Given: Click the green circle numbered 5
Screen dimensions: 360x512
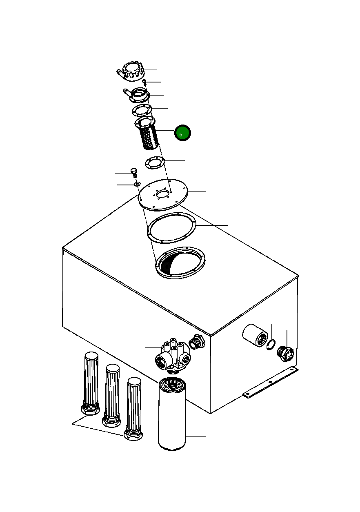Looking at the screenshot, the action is pyautogui.click(x=182, y=133).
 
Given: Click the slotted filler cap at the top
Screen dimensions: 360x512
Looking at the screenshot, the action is pyautogui.click(x=131, y=71).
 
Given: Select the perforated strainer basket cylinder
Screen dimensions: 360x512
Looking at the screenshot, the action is pyautogui.click(x=147, y=133).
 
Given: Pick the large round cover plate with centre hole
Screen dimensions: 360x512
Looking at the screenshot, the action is pyautogui.click(x=163, y=194).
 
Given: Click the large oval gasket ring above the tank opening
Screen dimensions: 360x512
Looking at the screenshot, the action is pyautogui.click(x=171, y=228).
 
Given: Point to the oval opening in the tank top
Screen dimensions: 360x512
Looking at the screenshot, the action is pyautogui.click(x=180, y=263).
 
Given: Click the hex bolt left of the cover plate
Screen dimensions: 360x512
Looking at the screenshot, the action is pyautogui.click(x=133, y=173).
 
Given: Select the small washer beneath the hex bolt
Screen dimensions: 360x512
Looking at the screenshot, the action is pyautogui.click(x=137, y=184).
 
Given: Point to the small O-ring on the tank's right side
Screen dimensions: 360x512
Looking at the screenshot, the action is pyautogui.click(x=271, y=345).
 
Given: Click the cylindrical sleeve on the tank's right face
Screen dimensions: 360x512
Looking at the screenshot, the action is pyautogui.click(x=255, y=336).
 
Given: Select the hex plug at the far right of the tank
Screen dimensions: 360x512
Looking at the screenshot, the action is pyautogui.click(x=285, y=354).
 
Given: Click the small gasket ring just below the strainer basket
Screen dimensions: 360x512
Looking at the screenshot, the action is pyautogui.click(x=155, y=163).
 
